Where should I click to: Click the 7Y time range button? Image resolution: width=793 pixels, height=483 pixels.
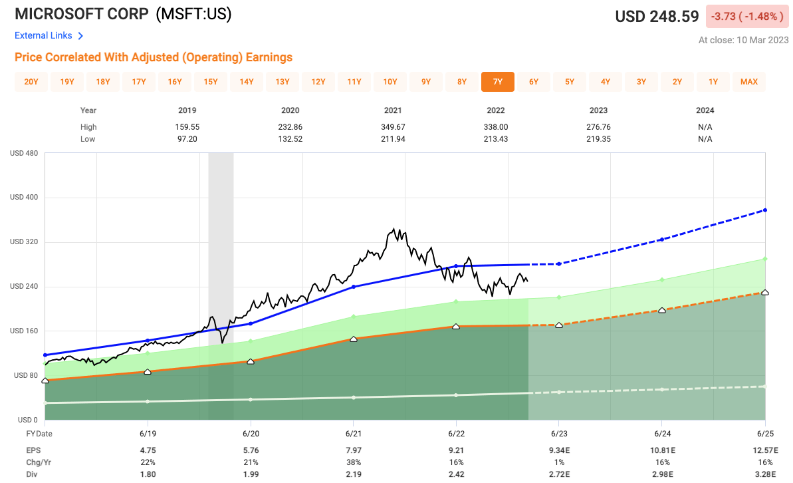[498, 82]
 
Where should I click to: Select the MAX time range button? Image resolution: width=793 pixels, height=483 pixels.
[749, 82]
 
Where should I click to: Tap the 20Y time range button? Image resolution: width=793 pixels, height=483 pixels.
[31, 82]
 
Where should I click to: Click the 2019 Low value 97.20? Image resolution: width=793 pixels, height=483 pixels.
[187, 139]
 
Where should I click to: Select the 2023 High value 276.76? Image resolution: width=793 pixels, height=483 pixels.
[598, 127]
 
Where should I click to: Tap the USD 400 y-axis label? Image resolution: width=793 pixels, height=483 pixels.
[23, 198]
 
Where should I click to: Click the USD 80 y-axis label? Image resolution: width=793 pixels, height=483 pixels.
[23, 375]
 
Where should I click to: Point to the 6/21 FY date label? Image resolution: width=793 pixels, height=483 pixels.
[353, 433]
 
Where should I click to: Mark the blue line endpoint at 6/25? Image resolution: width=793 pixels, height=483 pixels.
[766, 210]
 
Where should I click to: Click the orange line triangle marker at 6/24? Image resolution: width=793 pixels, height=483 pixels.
[662, 310]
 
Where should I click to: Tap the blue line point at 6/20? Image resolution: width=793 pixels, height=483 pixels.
[251, 323]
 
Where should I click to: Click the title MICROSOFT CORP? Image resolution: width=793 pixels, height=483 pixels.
[81, 15]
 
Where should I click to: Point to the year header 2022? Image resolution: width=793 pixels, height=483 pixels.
[495, 110]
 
